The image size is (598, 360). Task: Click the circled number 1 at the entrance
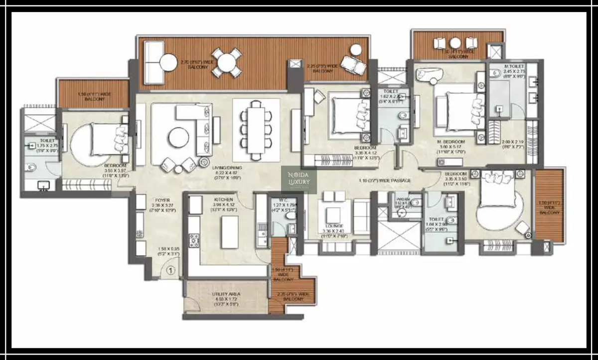[170, 271]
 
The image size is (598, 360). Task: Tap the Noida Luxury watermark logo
[299, 180]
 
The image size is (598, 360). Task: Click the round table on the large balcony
[227, 62]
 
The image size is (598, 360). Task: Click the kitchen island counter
[229, 232]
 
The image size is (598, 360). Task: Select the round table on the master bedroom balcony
[454, 42]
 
